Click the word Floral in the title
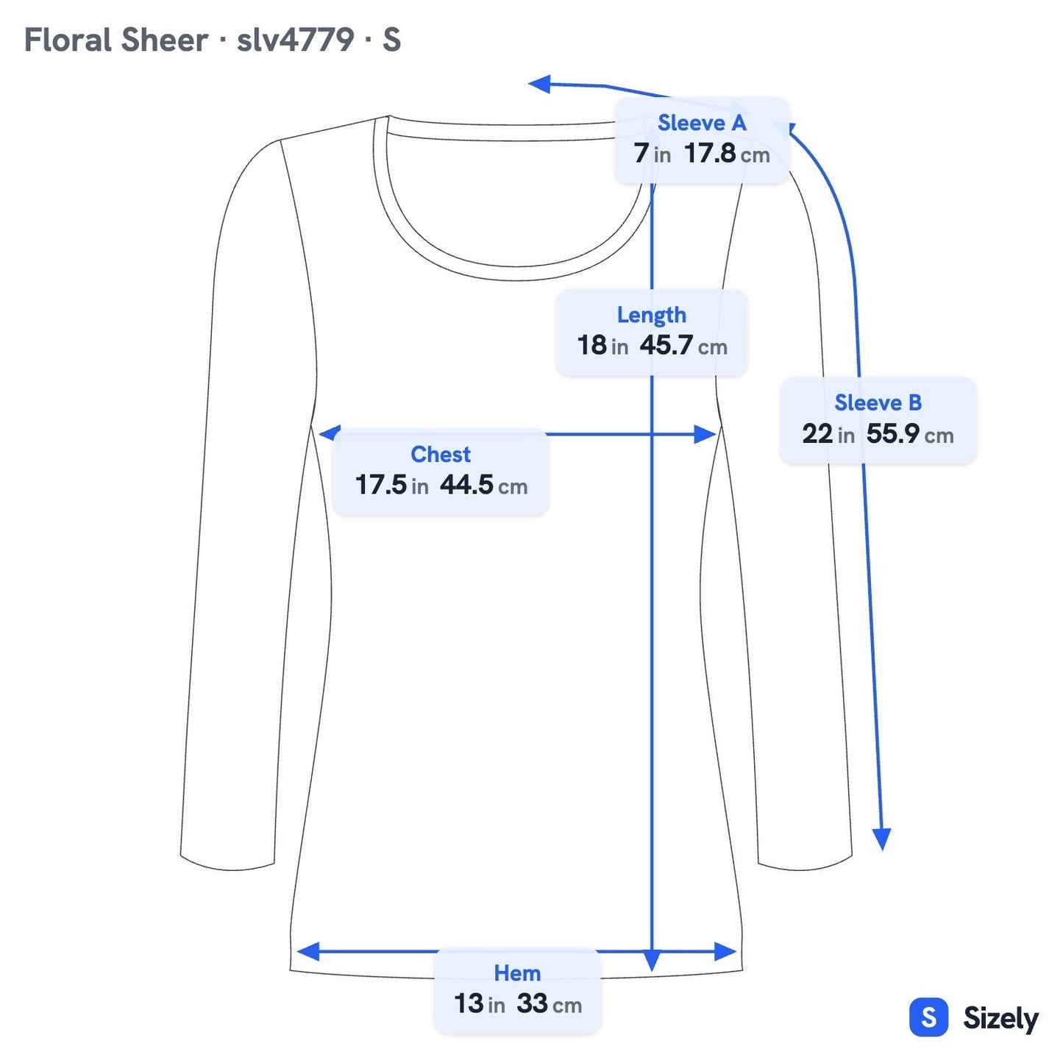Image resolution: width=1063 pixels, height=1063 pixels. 68,40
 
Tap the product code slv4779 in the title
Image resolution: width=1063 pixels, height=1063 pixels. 296,40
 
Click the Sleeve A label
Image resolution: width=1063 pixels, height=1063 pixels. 702,123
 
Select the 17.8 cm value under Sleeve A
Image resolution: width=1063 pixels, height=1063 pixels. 727,153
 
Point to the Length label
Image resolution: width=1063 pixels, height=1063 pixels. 652,315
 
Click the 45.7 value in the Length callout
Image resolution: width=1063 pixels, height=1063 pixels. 666,345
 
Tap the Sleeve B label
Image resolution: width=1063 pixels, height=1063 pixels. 878,402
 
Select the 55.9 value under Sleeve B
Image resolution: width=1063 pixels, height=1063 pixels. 892,433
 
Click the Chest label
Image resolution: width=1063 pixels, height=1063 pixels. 441,455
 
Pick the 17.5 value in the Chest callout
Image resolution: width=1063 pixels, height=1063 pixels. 381,485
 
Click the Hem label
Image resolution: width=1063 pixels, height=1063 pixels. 517,974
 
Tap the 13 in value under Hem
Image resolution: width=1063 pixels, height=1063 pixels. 480,1004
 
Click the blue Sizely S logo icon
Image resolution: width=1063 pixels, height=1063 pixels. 929,1017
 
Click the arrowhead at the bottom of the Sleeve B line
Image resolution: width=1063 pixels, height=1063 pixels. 882,839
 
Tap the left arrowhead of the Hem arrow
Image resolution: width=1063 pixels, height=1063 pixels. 307,951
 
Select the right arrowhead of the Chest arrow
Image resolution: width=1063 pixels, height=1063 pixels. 705,434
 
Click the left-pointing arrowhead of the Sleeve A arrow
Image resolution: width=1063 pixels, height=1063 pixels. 539,85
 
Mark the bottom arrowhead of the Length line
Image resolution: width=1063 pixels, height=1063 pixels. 652,961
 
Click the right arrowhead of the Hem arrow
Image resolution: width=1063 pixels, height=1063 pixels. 725,951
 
